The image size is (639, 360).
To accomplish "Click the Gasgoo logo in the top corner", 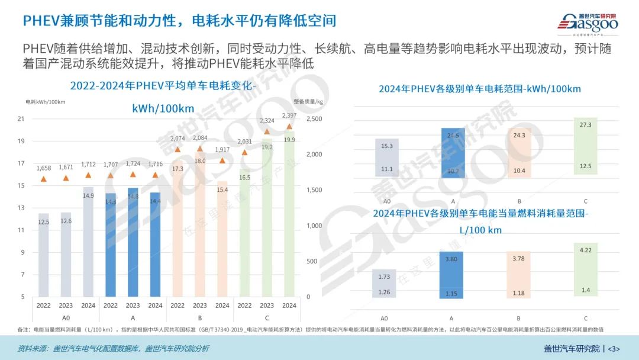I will tap(589, 22).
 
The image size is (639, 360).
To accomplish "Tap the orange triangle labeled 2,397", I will tap(289, 126).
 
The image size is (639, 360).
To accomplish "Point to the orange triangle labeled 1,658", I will tap(43, 179).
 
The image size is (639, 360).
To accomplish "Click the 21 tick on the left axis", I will tap(21, 119).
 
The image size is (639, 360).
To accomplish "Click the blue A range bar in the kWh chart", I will tap(453, 153).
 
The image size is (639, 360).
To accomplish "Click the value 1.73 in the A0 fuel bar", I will tap(383, 277).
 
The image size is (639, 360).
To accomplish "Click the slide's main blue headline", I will tap(179, 21).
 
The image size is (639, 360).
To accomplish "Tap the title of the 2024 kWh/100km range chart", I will tap(480, 89).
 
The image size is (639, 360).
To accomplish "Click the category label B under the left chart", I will tap(199, 318).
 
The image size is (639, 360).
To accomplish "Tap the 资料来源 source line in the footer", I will tap(112, 348).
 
